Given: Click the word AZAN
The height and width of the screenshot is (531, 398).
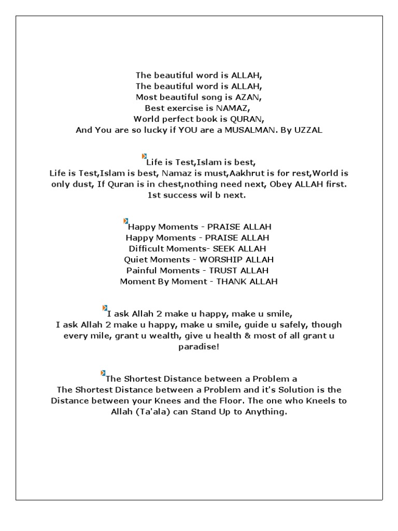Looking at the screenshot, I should pos(250,97).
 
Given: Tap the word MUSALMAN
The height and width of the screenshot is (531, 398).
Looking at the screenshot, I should pos(249,130).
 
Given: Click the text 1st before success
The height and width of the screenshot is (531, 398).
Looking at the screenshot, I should pos(155,195).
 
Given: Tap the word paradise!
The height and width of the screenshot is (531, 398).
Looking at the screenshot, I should pos(198,347).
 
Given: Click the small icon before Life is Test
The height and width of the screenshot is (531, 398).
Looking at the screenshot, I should pos(144,156).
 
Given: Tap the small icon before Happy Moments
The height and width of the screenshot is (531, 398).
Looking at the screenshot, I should pos(125,221).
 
